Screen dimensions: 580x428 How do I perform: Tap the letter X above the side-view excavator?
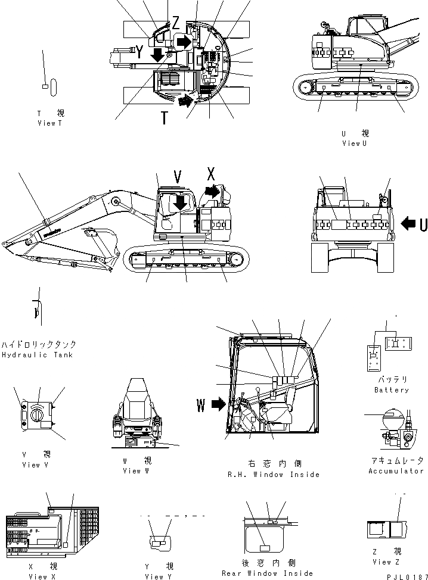[210, 175]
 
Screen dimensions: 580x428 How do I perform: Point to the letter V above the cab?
[177, 176]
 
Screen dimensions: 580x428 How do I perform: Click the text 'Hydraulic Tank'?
[37, 355]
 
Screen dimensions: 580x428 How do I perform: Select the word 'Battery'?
[392, 390]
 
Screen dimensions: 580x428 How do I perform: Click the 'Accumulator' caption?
[395, 471]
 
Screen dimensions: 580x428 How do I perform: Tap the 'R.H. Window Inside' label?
[274, 475]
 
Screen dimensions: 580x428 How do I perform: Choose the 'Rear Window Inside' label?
[267, 573]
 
